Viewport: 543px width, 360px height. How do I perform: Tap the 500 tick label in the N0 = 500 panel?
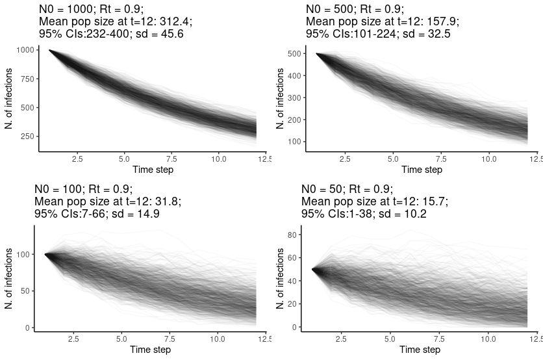click(x=294, y=54)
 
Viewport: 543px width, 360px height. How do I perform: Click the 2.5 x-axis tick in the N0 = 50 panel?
click(x=345, y=339)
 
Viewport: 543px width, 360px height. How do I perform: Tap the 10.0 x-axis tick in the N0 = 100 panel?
click(x=218, y=339)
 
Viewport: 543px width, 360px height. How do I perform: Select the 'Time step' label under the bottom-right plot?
click(x=421, y=350)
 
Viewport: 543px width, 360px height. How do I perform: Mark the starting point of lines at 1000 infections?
click(x=49, y=50)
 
